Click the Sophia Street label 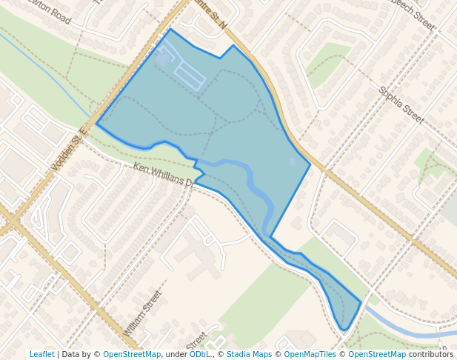click(401, 104)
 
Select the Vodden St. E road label click(70, 149)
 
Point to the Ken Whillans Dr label click(162, 176)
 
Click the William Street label click(143, 313)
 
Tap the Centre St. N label click(209, 13)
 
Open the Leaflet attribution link click(41, 354)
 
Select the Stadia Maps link click(249, 354)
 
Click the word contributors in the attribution click(431, 354)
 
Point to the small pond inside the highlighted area click(293, 161)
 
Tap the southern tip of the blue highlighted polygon click(344, 330)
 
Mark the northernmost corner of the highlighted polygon click(170, 30)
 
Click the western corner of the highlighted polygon click(96, 124)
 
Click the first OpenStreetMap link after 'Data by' click(131, 354)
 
